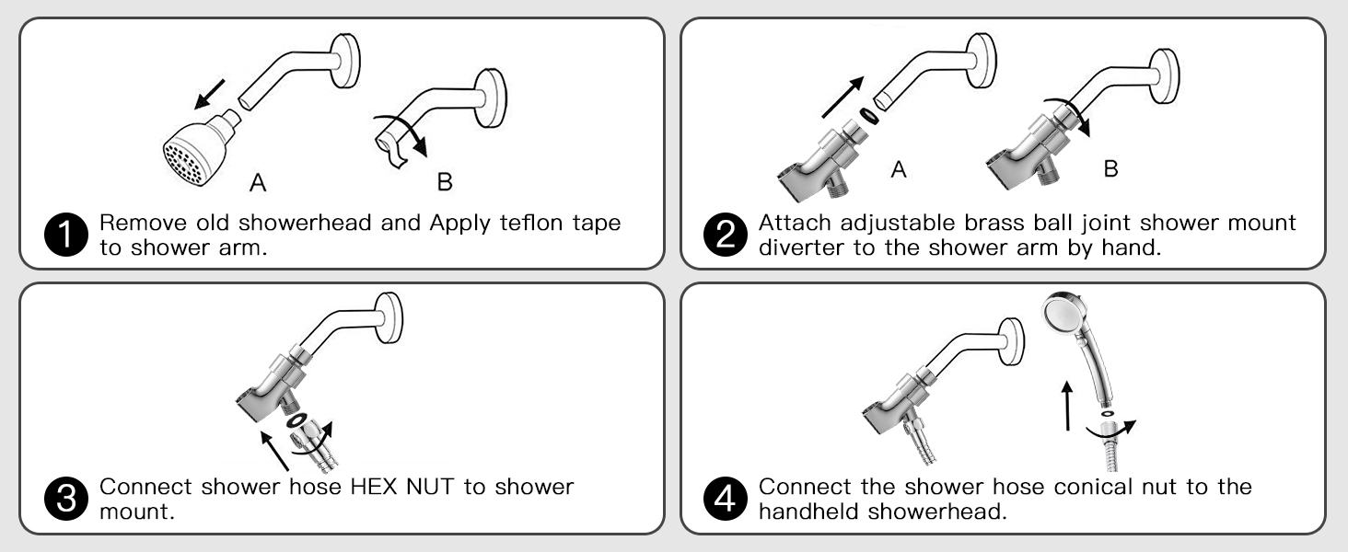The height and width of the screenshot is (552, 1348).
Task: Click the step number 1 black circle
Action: [65, 235]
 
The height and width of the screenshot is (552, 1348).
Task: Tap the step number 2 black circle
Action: [724, 235]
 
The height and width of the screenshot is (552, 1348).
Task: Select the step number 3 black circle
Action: [65, 498]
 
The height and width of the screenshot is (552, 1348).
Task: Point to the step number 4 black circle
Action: [724, 498]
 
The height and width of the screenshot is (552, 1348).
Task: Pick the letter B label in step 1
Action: [444, 182]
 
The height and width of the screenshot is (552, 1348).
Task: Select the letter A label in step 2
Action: [899, 169]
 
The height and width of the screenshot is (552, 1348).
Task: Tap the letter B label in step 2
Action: [1111, 169]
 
